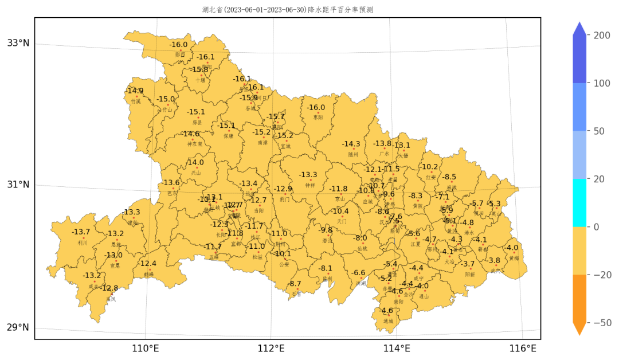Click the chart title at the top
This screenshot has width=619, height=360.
point(288,10)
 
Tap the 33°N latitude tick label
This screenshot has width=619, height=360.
point(18,43)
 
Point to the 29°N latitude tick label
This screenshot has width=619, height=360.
point(18,328)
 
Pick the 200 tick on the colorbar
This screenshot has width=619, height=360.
point(601,36)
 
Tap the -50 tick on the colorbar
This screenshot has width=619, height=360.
point(601,323)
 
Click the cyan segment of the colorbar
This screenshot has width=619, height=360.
point(579,202)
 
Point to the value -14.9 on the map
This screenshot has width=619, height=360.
point(135,91)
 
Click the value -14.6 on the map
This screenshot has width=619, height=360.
point(191,134)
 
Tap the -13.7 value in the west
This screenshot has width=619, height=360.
point(81,232)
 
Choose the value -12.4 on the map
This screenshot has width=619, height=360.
point(147,264)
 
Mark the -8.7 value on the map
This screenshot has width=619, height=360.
point(295,284)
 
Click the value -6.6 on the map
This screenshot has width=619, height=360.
point(359,273)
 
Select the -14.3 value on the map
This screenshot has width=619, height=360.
point(351,144)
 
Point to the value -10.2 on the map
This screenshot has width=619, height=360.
point(430,167)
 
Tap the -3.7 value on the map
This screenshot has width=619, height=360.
point(468,264)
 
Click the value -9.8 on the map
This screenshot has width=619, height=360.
point(326,230)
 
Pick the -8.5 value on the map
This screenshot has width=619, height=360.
point(450,177)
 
